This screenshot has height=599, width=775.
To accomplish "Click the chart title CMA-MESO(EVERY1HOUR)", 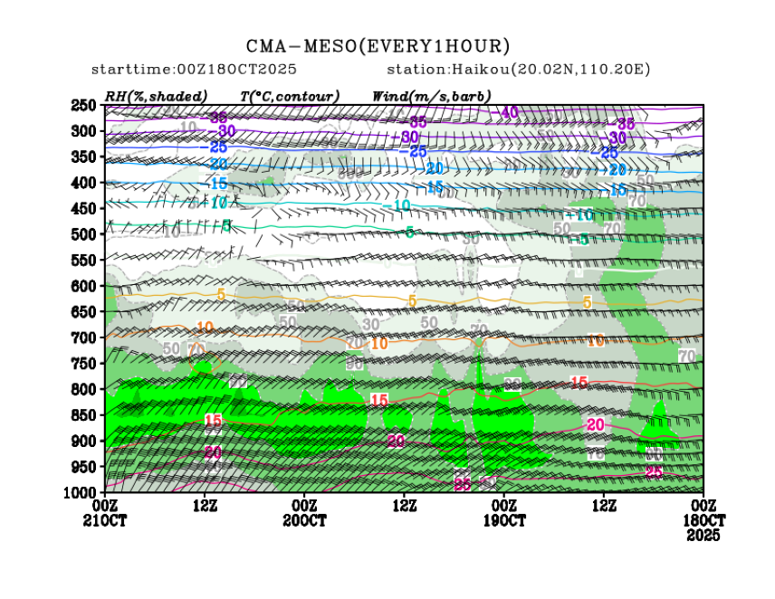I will tap(378, 45).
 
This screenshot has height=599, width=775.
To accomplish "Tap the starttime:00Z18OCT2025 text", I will tap(194, 70).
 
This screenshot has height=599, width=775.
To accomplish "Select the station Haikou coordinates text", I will tap(519, 70).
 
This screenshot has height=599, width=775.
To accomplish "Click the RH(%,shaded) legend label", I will tap(156, 95).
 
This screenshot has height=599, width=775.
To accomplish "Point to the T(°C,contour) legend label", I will tap(290, 95).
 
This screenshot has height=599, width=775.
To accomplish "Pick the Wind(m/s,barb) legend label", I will tap(432, 95).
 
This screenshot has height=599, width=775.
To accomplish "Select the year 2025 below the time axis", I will tap(703, 536).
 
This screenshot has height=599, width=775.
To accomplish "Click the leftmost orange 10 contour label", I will tap(205, 328).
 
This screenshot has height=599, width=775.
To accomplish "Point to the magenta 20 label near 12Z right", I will tap(596, 424).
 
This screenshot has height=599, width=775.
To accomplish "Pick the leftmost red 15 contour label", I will tap(214, 420).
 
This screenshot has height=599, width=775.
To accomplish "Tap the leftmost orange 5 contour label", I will tap(221, 295).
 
